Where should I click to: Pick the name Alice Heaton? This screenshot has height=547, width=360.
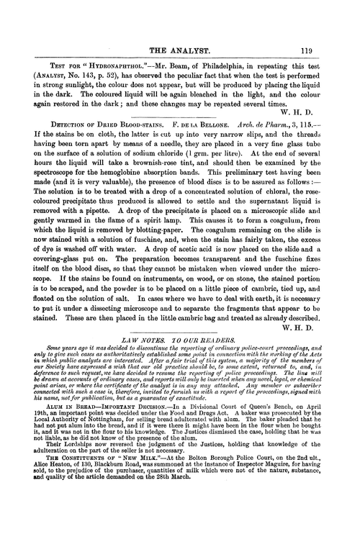[x=55, y=530]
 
